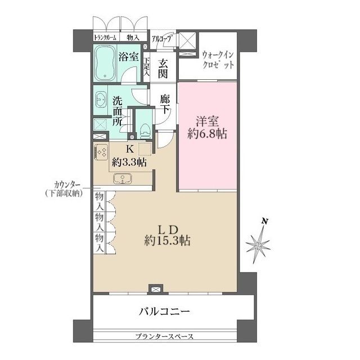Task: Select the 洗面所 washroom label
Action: pyautogui.click(x=118, y=111)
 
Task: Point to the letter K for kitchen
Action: pyautogui.click(x=129, y=150)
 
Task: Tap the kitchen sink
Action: pyautogui.click(x=122, y=179)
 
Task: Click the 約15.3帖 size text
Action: pyautogui.click(x=167, y=241)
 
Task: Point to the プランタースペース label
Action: pyautogui.click(x=164, y=337)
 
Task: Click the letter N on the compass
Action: pyautogui.click(x=264, y=221)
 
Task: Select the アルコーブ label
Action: pyautogui.click(x=163, y=39)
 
